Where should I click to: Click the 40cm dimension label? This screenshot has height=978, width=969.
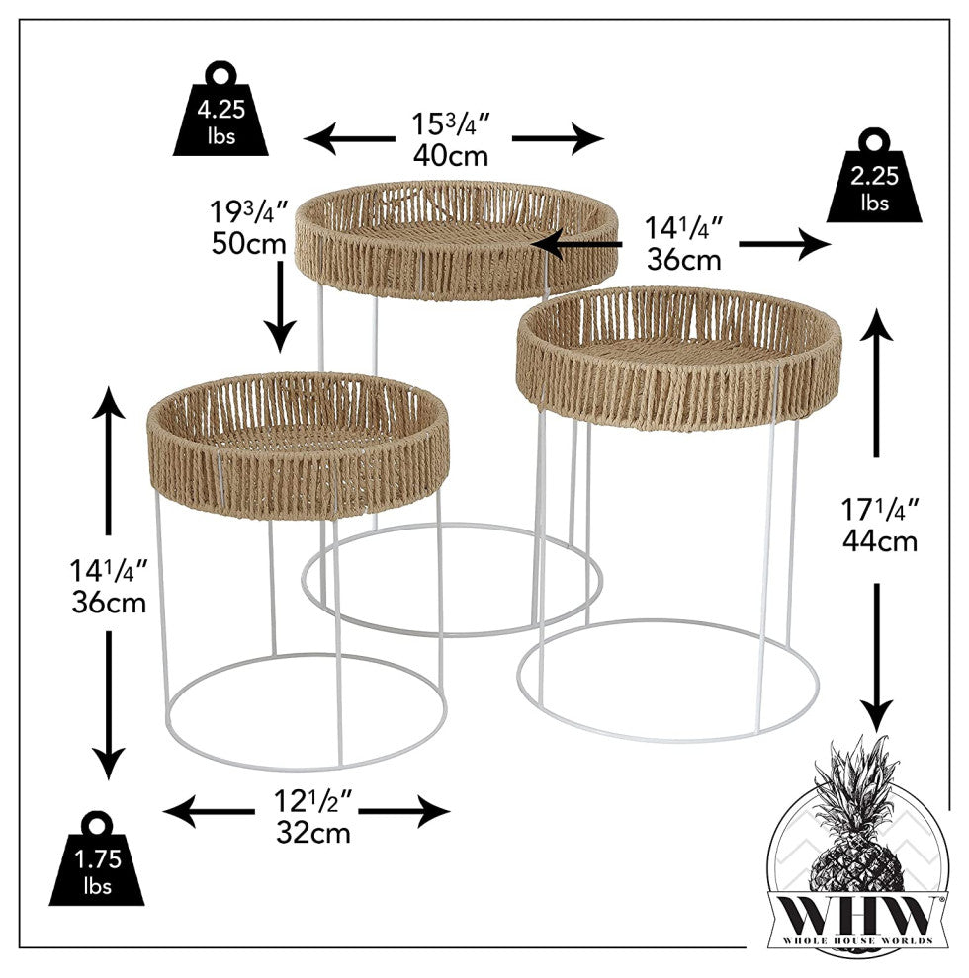click(x=451, y=155)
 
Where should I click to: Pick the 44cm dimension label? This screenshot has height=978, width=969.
click(x=880, y=540)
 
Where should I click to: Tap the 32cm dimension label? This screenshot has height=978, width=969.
click(x=313, y=832)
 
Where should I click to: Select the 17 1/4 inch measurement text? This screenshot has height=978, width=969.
click(x=880, y=510)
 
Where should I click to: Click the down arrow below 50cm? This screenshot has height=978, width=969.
click(x=280, y=306)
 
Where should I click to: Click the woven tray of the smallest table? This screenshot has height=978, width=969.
click(x=297, y=435)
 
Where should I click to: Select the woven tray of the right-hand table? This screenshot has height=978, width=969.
click(x=679, y=356)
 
